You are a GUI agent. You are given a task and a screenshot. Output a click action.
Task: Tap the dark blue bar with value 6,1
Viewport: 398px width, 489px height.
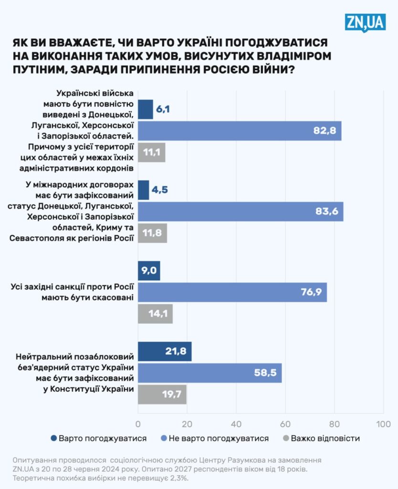(146, 109)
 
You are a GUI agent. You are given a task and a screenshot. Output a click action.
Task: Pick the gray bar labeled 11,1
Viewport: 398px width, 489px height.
(152, 152)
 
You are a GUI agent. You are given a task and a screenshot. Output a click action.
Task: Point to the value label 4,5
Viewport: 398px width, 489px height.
(160, 190)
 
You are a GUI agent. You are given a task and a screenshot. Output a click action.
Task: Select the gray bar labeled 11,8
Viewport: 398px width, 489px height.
(153, 233)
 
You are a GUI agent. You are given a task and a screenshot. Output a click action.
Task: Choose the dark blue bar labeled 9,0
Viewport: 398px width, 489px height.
(149, 271)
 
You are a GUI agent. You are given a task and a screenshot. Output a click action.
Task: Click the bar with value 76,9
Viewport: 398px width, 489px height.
(232, 292)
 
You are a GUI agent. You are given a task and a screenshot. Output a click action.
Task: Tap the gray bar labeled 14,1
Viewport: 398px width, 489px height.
(155, 314)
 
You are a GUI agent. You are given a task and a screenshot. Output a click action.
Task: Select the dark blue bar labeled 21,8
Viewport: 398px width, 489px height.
(165, 351)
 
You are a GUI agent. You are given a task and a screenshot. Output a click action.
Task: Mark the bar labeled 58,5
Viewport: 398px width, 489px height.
(209, 373)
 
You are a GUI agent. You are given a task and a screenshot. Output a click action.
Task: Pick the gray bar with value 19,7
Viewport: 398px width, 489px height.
(162, 394)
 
